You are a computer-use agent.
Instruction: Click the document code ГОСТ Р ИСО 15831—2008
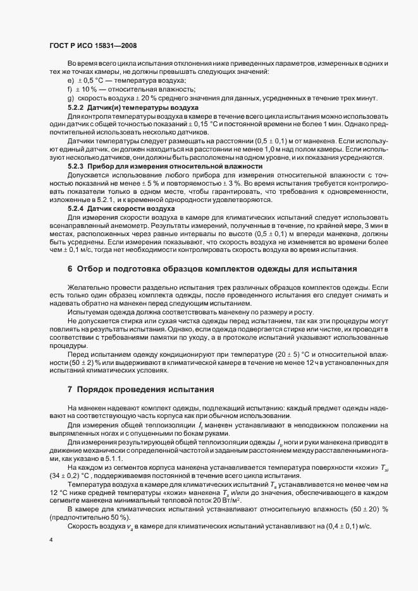(92, 46)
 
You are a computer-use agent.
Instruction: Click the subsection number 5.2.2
(77, 107)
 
